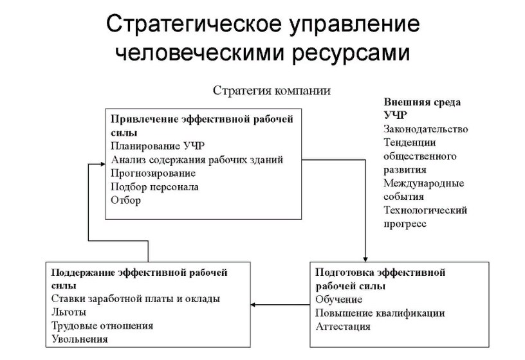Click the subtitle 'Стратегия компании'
[x=272, y=91]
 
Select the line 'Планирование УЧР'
[x=158, y=145]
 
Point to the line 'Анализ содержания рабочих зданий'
[x=197, y=159]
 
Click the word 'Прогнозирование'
[x=153, y=173]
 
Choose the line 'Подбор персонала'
[x=154, y=187]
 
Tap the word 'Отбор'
[x=125, y=201]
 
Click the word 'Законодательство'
[x=425, y=129]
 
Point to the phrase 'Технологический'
[x=425, y=210]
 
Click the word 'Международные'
[x=423, y=183]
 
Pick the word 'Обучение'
[x=339, y=300]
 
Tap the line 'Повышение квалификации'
[x=380, y=313]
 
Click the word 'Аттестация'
[x=343, y=327]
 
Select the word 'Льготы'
[x=68, y=312]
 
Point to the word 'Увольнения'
[x=79, y=339]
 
